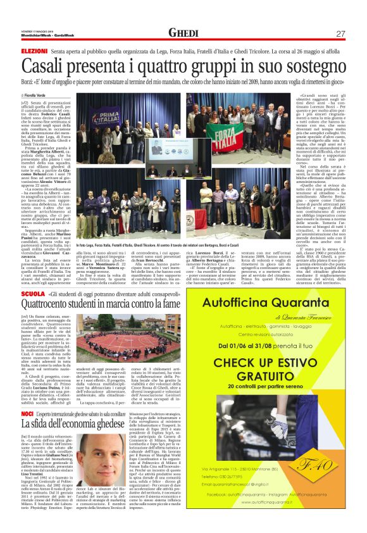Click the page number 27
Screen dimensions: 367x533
click(340, 34)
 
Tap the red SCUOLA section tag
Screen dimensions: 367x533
click(33, 295)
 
